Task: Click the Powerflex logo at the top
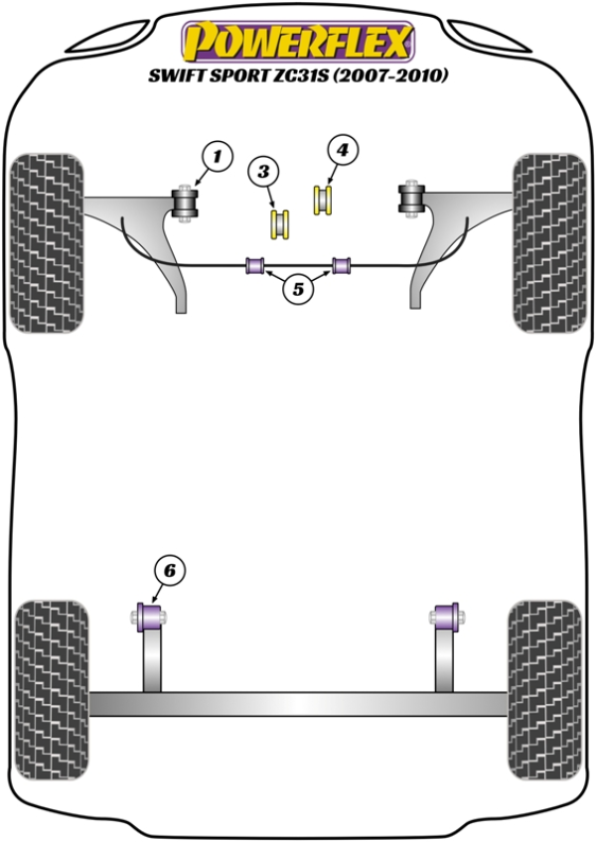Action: tap(298, 42)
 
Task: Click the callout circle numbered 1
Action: tap(218, 157)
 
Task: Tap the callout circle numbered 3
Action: tap(263, 172)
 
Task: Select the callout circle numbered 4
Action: tap(342, 150)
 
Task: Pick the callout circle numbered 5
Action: tap(298, 290)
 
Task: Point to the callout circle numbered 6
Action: tap(170, 571)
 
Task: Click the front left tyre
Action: tap(48, 243)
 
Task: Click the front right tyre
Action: tap(549, 243)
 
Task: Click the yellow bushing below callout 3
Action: tap(280, 224)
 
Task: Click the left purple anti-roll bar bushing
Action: tap(254, 265)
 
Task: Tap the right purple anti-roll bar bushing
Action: tap(342, 265)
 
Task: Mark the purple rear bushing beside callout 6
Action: tap(150, 617)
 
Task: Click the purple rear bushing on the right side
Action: tap(446, 617)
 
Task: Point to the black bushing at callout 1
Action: tap(185, 204)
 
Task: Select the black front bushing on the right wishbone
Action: tap(411, 197)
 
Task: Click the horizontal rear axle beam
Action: tap(299, 704)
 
